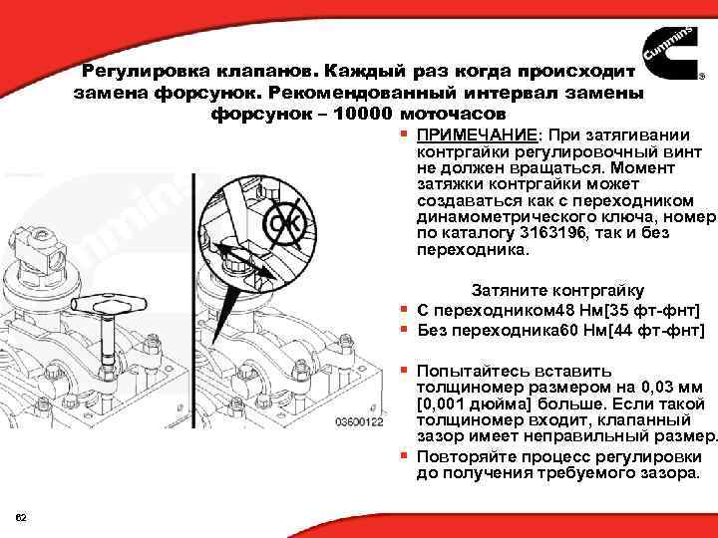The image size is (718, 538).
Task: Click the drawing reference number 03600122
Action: pos(358,422)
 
